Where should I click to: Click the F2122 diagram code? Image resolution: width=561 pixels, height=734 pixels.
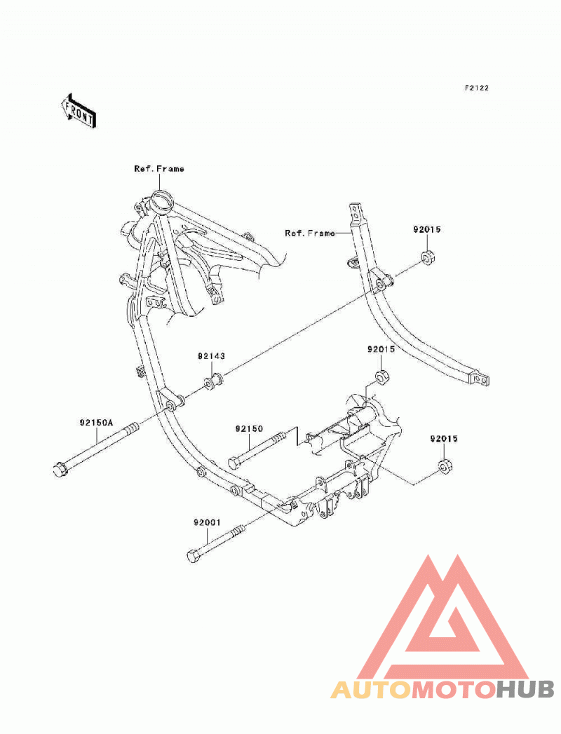pyautogui.click(x=476, y=88)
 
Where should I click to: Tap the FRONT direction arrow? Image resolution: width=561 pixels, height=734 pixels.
pyautogui.click(x=79, y=111)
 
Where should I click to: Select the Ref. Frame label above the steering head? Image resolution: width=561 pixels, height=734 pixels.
pyautogui.click(x=159, y=169)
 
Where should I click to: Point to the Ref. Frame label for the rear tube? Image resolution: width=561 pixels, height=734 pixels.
pyautogui.click(x=310, y=233)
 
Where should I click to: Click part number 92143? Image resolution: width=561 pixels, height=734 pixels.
pyautogui.click(x=211, y=356)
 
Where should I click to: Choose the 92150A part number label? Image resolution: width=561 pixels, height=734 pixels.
pyautogui.click(x=97, y=423)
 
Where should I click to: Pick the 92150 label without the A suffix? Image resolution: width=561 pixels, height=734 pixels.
pyautogui.click(x=249, y=429)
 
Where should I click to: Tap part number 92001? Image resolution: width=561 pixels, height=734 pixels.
pyautogui.click(x=206, y=522)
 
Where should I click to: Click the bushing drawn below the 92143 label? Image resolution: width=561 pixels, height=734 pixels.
pyautogui.click(x=212, y=381)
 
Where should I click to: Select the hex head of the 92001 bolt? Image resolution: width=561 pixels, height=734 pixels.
pyautogui.click(x=193, y=556)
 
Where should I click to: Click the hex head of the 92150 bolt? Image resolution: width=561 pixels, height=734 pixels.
pyautogui.click(x=234, y=463)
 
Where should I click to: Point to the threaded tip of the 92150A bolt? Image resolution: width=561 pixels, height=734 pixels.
pyautogui.click(x=132, y=428)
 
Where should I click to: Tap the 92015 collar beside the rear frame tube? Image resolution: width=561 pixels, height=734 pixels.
pyautogui.click(x=428, y=257)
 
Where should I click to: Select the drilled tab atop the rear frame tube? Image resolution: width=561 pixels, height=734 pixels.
pyautogui.click(x=356, y=213)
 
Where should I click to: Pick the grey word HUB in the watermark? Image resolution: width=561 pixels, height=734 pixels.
pyautogui.click(x=525, y=690)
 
